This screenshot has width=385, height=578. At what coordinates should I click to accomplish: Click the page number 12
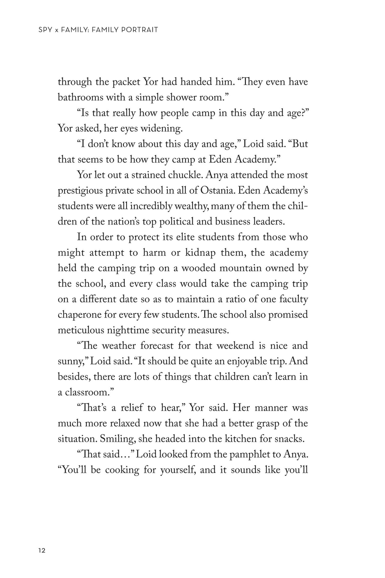pos(42,551)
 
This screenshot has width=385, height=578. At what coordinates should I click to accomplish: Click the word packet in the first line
pos(126,82)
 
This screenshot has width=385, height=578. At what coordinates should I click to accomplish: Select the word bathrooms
pos(76,98)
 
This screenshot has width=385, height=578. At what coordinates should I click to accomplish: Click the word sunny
pos(71,361)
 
